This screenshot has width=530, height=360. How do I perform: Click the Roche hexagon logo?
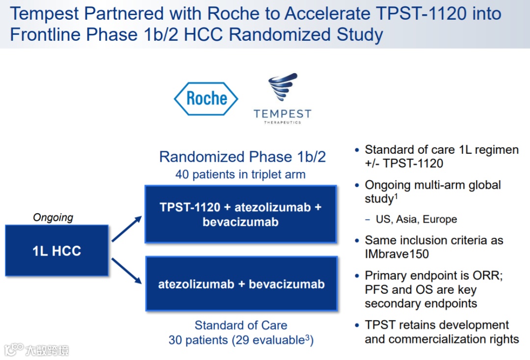[x=206, y=99]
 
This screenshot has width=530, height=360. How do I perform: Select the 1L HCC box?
[x=56, y=250]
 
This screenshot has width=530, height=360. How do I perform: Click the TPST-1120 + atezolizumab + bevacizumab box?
[x=240, y=214]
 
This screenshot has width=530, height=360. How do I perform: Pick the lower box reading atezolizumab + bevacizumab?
[x=241, y=284]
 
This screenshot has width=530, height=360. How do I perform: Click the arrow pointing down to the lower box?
[x=126, y=272]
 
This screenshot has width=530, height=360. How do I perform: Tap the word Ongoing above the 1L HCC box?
[x=53, y=217]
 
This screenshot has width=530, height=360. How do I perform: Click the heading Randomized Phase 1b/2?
[x=242, y=157]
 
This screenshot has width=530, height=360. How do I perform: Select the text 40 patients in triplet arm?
[x=240, y=174]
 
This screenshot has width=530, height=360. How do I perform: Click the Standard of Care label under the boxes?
[x=241, y=325]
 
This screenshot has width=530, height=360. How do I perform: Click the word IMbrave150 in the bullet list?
[x=397, y=254]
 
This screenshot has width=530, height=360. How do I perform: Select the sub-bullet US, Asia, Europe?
[x=416, y=220]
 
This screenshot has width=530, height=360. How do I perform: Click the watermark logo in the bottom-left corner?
[x=15, y=349]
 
